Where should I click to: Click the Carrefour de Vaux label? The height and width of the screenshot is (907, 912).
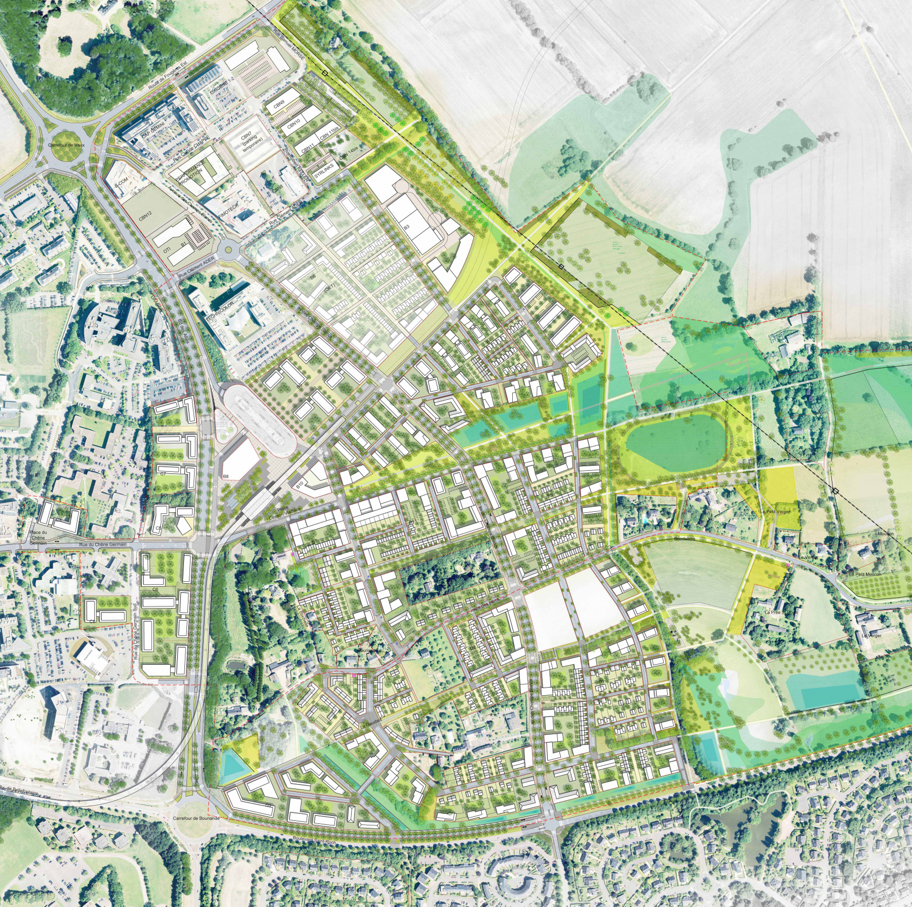[x=66, y=145]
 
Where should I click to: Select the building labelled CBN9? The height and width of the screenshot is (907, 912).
[x=279, y=104]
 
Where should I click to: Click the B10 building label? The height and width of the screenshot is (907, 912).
[x=300, y=485]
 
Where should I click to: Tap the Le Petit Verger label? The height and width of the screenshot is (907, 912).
[x=775, y=512]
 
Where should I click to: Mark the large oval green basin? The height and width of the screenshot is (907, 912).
[x=675, y=441]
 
